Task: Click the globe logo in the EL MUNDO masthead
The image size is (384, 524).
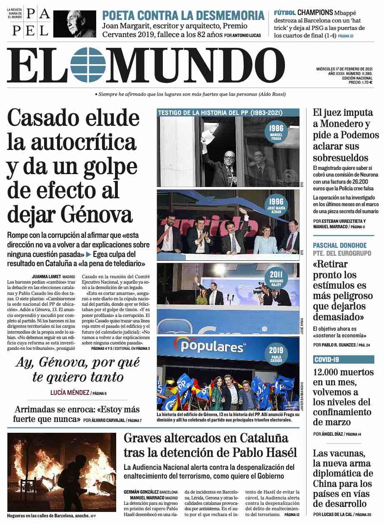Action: pyautogui.click(x=88, y=65)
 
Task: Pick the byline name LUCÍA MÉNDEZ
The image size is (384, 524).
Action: pyautogui.click(x=70, y=392)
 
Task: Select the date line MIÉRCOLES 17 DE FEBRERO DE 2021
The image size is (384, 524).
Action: pyautogui.click(x=344, y=69)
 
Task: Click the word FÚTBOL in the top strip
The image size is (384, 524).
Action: pyautogui.click(x=285, y=13)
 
